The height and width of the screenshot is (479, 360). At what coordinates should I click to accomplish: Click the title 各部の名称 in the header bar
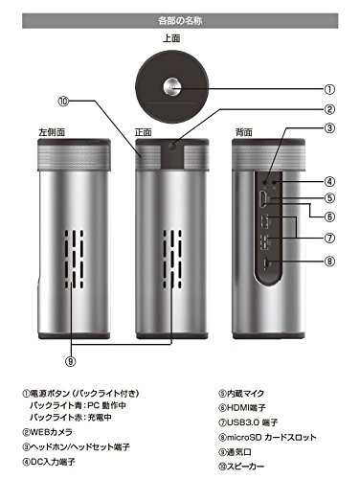179,18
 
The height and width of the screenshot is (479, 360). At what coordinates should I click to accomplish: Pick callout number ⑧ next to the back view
329,260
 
